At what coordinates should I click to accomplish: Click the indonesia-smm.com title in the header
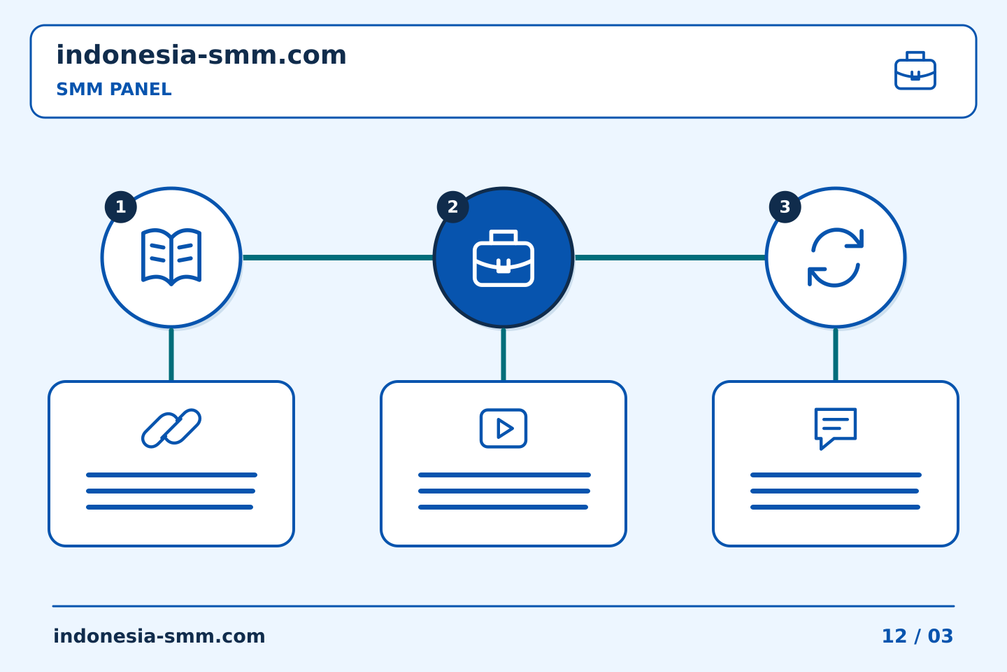pyautogui.click(x=201, y=55)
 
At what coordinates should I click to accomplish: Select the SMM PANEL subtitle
pyautogui.click(x=114, y=89)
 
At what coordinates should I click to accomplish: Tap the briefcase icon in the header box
pyautogui.click(x=915, y=71)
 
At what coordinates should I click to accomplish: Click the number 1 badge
pyautogui.click(x=120, y=207)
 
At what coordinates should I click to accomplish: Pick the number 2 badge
pyautogui.click(x=452, y=207)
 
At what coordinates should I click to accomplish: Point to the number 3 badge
pyautogui.click(x=785, y=207)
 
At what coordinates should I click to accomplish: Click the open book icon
pyautogui.click(x=171, y=257)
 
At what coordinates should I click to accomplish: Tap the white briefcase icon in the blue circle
pyautogui.click(x=503, y=258)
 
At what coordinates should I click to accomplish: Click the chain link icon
pyautogui.click(x=171, y=428)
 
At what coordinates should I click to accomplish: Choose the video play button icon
pyautogui.click(x=503, y=428)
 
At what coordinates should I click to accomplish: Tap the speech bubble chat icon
pyautogui.click(x=836, y=428)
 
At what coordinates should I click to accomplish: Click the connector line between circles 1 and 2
pyautogui.click(x=338, y=258)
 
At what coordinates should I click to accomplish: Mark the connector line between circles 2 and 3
pyautogui.click(x=670, y=258)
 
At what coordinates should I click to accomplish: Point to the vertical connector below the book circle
pyautogui.click(x=171, y=355)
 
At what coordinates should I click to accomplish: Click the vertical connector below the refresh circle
pyautogui.click(x=836, y=355)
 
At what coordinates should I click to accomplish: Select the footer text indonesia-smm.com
pyautogui.click(x=159, y=636)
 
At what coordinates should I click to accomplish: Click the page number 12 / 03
pyautogui.click(x=917, y=636)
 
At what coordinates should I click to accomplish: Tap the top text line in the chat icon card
pyautogui.click(x=836, y=475)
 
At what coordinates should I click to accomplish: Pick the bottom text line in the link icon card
pyautogui.click(x=169, y=507)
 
